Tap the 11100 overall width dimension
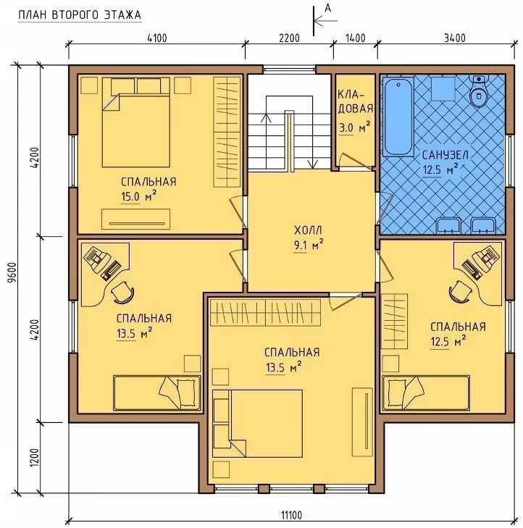[x=292, y=515]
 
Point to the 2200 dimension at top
[x=289, y=38]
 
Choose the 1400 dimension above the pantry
[x=355, y=38]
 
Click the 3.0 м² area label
[x=354, y=127]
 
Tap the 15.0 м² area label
[x=139, y=196]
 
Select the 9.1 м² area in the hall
[x=309, y=245]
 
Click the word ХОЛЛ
[x=308, y=230]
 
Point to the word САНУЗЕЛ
[x=445, y=155]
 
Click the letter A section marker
[x=327, y=9]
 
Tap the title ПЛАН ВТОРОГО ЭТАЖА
[x=80, y=15]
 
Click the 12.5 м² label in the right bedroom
[x=448, y=341]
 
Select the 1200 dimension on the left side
[x=35, y=458]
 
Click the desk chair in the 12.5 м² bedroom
[x=460, y=290]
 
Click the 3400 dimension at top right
[x=455, y=38]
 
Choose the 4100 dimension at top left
[x=157, y=38]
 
